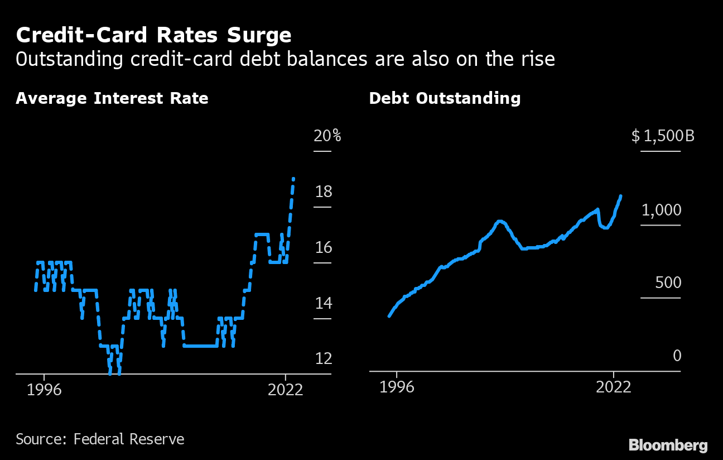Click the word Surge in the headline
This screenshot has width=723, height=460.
point(260,36)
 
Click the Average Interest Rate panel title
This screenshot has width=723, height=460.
point(112,99)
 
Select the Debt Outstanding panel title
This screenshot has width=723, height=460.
point(445,99)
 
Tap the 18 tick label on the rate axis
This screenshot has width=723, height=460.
point(323,192)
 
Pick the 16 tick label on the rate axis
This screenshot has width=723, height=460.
point(323,247)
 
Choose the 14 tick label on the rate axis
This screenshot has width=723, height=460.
point(323,303)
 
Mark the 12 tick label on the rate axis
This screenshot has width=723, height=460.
point(323,358)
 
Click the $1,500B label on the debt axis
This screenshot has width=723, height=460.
point(663,136)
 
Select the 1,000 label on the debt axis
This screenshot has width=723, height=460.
point(661,210)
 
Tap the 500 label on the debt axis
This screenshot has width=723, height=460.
point(668,282)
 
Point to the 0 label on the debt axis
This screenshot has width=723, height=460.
point(677,356)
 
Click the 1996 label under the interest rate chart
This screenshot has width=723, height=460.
point(44,389)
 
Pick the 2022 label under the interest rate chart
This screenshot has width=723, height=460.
point(285,389)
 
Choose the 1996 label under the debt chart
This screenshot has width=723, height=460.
point(397,387)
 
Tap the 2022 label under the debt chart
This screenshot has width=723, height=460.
point(613,387)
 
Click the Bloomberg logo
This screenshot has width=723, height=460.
point(668,445)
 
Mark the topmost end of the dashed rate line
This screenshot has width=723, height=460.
point(293,179)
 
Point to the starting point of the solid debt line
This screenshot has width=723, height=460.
point(389,317)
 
